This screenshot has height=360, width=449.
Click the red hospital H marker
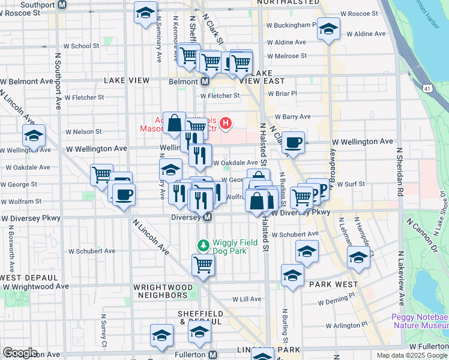225,124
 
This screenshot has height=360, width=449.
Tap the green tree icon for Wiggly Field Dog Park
203,245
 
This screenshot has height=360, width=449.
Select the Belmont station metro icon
205,81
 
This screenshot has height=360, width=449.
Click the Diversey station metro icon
208,217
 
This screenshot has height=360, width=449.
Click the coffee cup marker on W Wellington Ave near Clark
293,142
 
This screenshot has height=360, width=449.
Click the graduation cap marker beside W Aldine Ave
328,29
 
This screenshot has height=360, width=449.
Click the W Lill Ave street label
247,299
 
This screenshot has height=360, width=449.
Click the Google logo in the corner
20,353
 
